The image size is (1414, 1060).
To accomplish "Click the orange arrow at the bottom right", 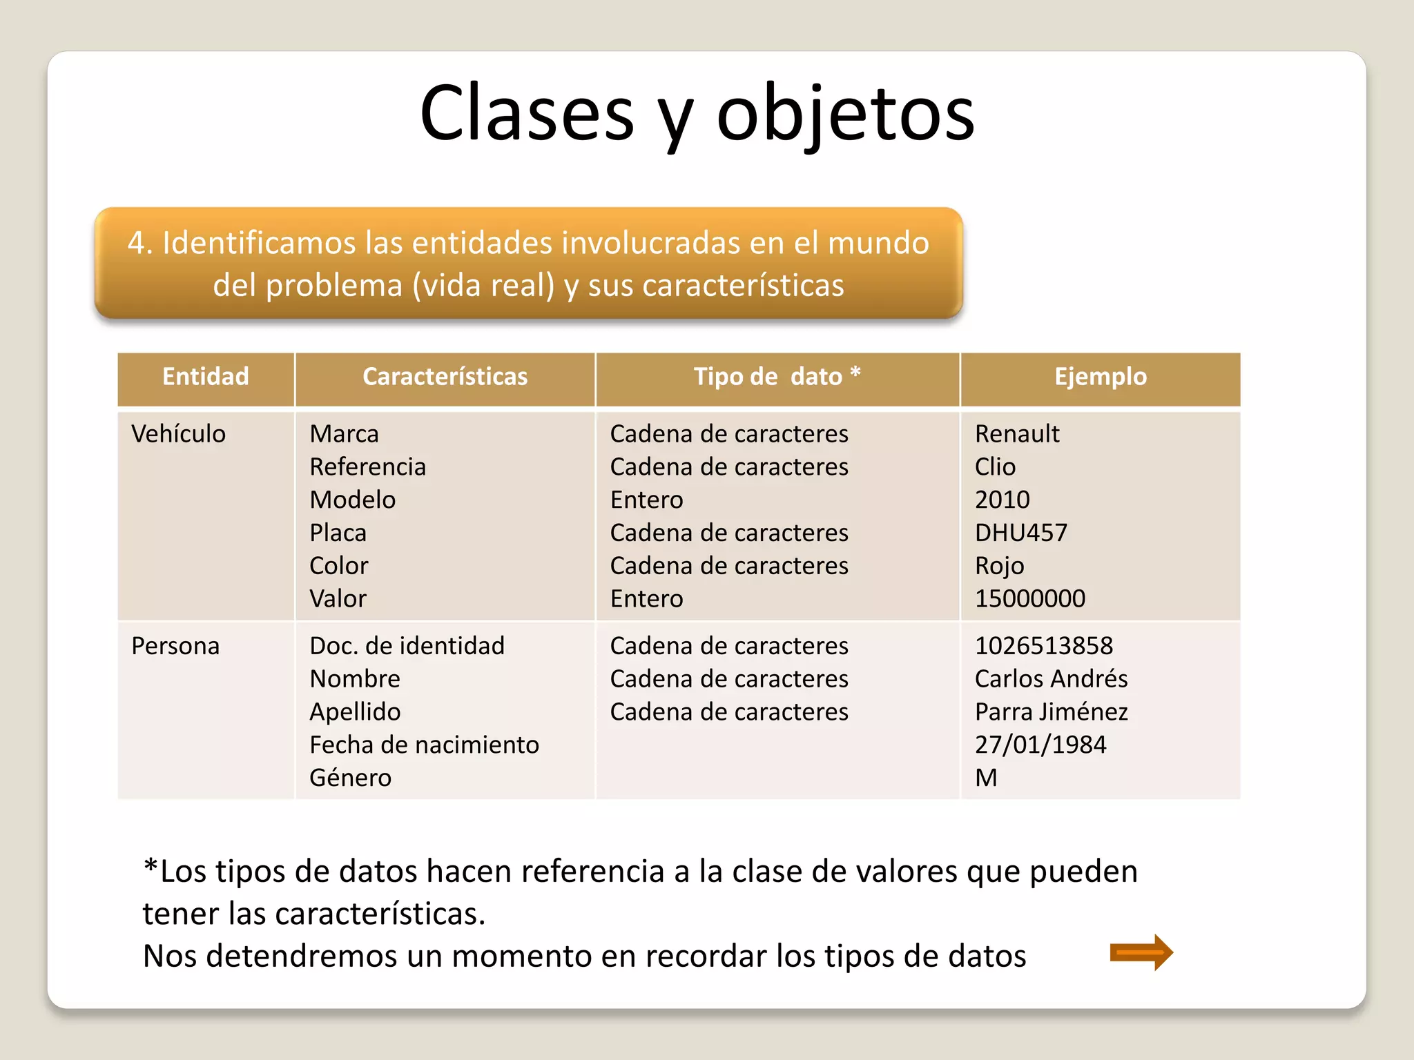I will (x=1141, y=953).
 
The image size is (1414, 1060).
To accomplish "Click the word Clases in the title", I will (x=527, y=114).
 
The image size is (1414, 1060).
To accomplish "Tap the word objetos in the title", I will (x=845, y=114).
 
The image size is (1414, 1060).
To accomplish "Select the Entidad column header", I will (x=205, y=377).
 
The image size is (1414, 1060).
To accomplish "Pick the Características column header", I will (x=445, y=377).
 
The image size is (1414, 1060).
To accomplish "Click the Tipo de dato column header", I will (x=777, y=377).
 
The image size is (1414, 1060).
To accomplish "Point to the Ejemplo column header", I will (x=1100, y=377).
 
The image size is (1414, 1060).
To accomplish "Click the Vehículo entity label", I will (x=178, y=434).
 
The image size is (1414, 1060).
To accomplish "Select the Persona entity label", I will (x=175, y=646).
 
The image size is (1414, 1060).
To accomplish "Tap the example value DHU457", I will (x=1020, y=533).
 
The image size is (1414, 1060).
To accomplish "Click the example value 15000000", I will (x=1029, y=598).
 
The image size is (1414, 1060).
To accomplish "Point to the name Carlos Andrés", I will (x=1051, y=679).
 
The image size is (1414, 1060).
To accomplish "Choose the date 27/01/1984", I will (x=1040, y=745).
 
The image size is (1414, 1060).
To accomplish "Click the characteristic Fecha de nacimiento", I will (x=424, y=745).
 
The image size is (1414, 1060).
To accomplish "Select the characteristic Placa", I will (x=338, y=533).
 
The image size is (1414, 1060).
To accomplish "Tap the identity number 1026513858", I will (x=1043, y=646).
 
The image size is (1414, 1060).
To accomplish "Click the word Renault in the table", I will (x=1016, y=434).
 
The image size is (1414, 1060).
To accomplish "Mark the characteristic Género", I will (x=350, y=778).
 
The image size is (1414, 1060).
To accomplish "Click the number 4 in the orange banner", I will (x=135, y=243).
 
